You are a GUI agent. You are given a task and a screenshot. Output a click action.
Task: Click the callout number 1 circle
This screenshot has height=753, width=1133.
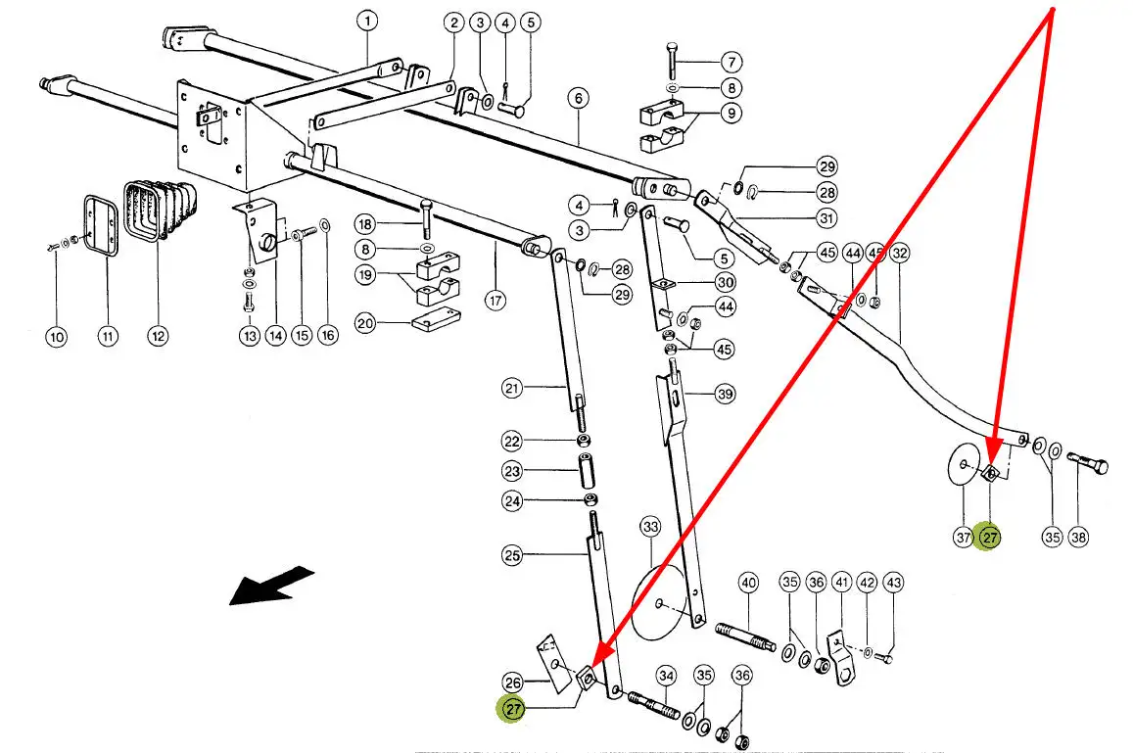pyautogui.click(x=366, y=20)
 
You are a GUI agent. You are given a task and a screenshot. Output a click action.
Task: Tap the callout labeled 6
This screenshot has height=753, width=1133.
pyautogui.click(x=578, y=98)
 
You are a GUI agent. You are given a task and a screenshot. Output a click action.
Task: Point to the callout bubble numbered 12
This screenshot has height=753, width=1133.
pyautogui.click(x=158, y=336)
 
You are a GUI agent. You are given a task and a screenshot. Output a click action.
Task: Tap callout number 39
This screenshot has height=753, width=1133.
pyautogui.click(x=724, y=394)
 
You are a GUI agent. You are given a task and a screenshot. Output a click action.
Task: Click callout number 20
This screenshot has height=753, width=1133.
pyautogui.click(x=365, y=324)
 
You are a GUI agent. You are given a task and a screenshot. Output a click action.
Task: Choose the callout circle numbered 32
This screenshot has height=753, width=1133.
pyautogui.click(x=900, y=253)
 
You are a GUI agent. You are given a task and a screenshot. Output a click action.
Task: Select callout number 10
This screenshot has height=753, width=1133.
pyautogui.click(x=57, y=337)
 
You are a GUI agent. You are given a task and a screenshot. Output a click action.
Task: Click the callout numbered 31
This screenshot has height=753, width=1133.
pyautogui.click(x=826, y=217)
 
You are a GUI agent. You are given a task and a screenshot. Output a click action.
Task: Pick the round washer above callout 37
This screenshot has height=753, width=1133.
pyautogui.click(x=965, y=465)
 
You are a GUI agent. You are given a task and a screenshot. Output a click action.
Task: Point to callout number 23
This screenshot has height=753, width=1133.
pyautogui.click(x=511, y=470)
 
